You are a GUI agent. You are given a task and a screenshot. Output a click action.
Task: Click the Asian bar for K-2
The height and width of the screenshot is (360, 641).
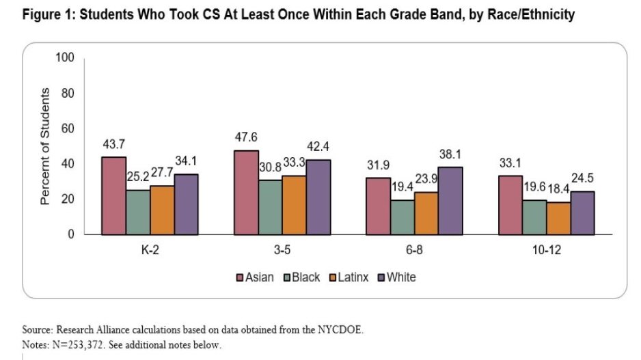pyautogui.click(x=113, y=195)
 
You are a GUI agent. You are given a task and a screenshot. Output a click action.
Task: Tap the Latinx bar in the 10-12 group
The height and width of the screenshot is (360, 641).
pyautogui.click(x=558, y=218)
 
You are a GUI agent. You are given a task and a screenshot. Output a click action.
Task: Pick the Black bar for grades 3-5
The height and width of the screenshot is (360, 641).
pyautogui.click(x=269, y=207)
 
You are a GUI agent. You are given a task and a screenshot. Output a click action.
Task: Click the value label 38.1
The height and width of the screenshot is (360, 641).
pyautogui.click(x=449, y=154)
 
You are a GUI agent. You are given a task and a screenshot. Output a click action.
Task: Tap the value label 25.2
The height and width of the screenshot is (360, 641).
pyautogui.click(x=139, y=177)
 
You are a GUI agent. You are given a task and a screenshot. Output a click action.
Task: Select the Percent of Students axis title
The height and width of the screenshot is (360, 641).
pyautogui.click(x=45, y=146)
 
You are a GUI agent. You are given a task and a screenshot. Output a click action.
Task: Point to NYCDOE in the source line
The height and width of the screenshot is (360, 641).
pyautogui.click(x=342, y=331)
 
